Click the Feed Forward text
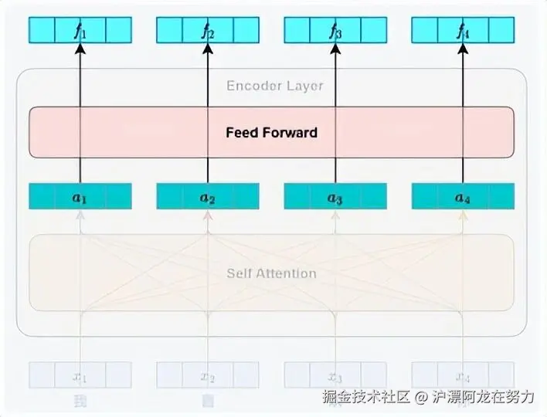click(271, 132)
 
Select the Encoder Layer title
click(274, 86)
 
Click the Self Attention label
click(271, 273)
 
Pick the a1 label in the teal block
click(80, 198)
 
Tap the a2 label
click(207, 198)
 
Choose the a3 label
click(335, 198)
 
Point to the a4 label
click(462, 198)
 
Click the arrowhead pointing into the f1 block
click(80, 49)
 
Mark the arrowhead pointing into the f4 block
click(462, 49)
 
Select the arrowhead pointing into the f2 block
click(207, 49)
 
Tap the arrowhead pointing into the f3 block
click(335, 49)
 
